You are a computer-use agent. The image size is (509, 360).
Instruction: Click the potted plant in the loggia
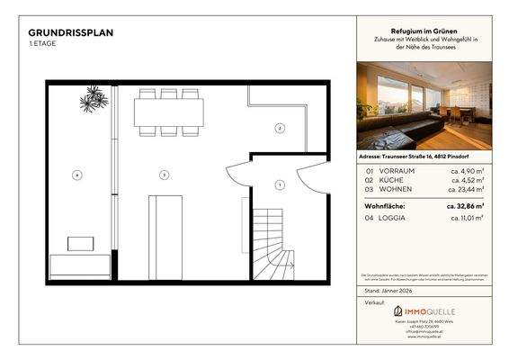point(94,98)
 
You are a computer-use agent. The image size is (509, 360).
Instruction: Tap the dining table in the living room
point(168,112)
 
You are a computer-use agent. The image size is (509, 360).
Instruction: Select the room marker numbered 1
point(280,184)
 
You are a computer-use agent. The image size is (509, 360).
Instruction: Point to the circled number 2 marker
point(280,129)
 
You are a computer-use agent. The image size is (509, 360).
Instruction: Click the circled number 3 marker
point(164,174)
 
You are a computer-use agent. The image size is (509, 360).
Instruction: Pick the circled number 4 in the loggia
point(78,174)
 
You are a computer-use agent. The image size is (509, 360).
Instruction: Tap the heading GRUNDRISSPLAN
point(70,33)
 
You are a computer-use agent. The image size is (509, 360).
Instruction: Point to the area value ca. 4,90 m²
point(469,170)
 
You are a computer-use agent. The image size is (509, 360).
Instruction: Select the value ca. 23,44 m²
point(468,190)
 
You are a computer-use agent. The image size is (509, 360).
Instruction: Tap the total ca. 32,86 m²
point(467,206)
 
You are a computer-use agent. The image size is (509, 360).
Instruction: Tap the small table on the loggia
point(81,243)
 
